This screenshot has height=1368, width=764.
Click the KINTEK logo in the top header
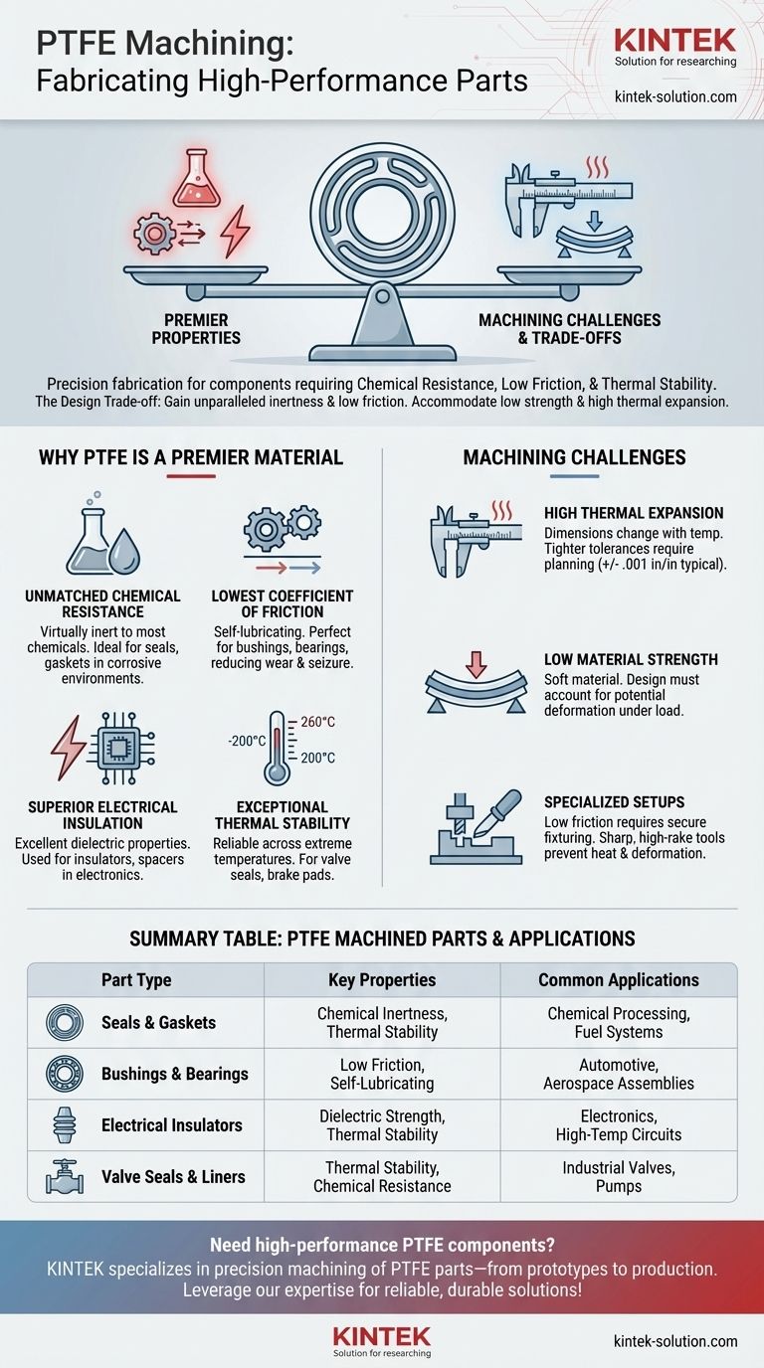point(675,41)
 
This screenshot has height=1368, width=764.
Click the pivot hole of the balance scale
point(383,297)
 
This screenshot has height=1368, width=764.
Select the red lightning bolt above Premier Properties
point(236,231)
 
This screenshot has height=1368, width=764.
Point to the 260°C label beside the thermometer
point(317,722)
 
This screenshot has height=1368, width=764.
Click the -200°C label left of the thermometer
point(247,741)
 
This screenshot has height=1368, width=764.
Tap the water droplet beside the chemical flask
point(124,551)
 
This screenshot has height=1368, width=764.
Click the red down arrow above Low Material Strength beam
point(477,664)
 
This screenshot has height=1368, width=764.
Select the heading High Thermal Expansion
point(634,513)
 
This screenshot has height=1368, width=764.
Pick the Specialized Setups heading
point(614,802)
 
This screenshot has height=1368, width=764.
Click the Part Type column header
point(136,980)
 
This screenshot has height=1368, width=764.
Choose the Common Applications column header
point(619,980)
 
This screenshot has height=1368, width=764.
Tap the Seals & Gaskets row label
point(158,1022)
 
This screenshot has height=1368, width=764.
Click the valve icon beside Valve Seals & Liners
point(65,1176)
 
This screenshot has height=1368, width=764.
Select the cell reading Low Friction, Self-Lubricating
point(382,1075)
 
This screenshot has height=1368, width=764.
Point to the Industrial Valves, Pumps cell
point(619,1177)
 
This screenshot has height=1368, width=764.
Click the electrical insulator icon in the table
point(65,1125)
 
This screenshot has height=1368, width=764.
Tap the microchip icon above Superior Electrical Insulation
point(120,748)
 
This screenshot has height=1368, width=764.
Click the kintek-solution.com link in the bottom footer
point(675,1342)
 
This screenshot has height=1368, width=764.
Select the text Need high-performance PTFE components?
point(382,1245)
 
